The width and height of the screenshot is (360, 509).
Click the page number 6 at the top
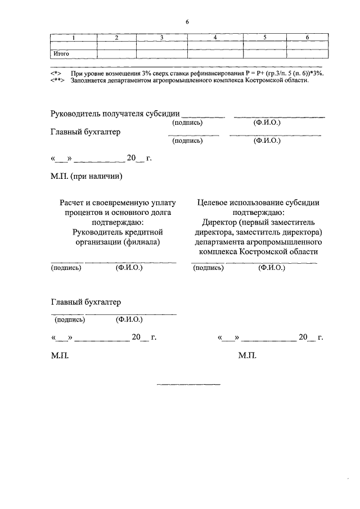(187, 22)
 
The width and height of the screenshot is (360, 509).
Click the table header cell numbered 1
(73, 37)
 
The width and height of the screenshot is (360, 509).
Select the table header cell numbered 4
(215, 37)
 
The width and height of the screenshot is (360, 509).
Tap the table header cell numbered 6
(307, 37)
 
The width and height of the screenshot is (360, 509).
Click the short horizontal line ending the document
(188, 385)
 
